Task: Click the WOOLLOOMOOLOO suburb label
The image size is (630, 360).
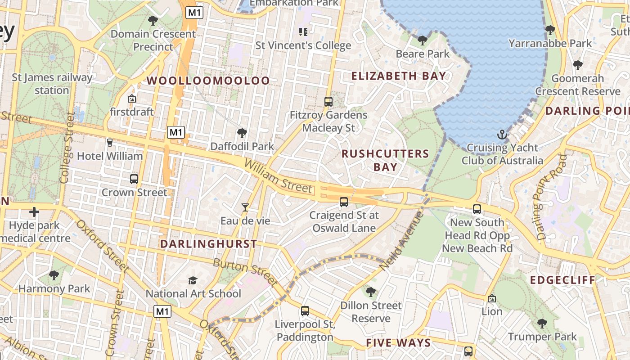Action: coord(208,81)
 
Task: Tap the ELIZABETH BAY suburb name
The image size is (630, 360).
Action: coord(398,76)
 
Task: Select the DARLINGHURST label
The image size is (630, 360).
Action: coord(209,244)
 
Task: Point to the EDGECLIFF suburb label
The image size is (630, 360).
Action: coord(562,280)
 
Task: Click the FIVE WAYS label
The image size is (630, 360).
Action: coord(398,343)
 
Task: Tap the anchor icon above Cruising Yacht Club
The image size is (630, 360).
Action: coord(502,135)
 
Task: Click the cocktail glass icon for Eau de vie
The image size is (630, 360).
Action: coord(245,207)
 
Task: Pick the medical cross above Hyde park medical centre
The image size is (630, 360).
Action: coord(34,212)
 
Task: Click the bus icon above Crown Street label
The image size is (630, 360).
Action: coord(134,179)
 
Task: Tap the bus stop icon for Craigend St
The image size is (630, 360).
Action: coord(344,202)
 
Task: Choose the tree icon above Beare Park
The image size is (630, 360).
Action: coord(422,40)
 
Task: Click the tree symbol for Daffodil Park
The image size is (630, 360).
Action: coord(242,133)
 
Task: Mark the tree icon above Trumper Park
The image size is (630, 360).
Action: coord(542,323)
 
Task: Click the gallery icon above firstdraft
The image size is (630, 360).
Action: coord(132,99)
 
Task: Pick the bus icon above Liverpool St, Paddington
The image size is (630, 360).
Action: coord(305,310)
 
